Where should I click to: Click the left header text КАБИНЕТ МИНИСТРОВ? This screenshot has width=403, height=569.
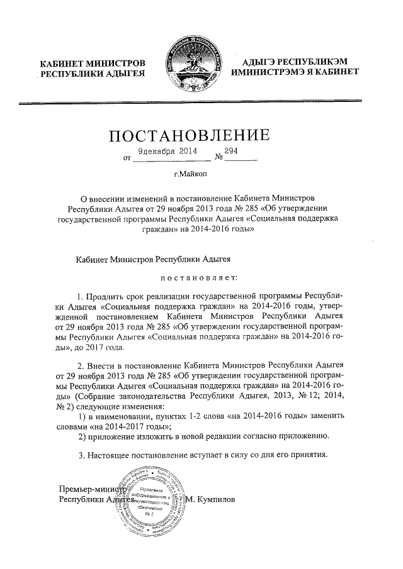93,64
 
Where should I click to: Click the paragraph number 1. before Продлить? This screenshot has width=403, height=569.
80,296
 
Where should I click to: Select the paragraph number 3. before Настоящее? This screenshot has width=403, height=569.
80,455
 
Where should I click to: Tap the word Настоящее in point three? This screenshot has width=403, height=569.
111,455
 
